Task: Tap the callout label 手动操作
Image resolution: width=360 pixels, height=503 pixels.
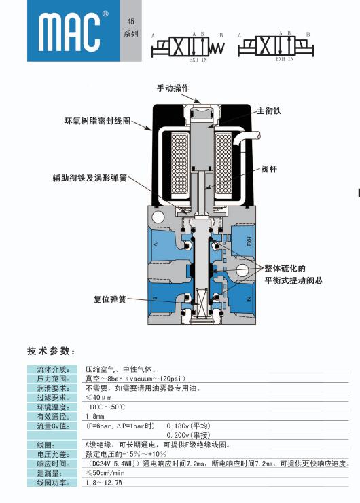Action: coord(173,88)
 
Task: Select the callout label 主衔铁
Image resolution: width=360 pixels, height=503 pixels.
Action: coord(269,111)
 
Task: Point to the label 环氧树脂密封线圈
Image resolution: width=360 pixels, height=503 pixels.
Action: coord(98,121)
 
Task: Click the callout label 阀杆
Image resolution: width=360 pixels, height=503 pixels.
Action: coord(269,169)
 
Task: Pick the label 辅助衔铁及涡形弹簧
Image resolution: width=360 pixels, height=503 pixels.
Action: coord(90,178)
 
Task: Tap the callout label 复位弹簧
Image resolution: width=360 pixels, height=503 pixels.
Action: coord(110,299)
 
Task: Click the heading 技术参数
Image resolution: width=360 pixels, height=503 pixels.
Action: coord(51,351)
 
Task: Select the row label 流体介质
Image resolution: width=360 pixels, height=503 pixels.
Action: coord(53,369)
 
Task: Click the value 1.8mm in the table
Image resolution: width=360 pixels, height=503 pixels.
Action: coord(94,417)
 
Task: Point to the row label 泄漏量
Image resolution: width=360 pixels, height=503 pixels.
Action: coord(49,473)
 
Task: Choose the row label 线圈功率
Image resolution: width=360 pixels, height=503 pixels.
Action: coord(53,483)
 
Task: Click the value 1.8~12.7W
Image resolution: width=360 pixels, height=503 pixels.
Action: coord(104,483)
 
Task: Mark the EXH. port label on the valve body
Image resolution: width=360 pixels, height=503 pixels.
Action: coord(249,241)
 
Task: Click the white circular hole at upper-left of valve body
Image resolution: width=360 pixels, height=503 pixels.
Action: coord(158,217)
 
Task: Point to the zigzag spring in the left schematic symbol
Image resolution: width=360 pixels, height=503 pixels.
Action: coord(217,48)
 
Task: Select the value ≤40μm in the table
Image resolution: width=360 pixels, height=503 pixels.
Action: coord(98,398)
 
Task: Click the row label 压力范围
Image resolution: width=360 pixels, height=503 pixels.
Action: coord(53,379)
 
